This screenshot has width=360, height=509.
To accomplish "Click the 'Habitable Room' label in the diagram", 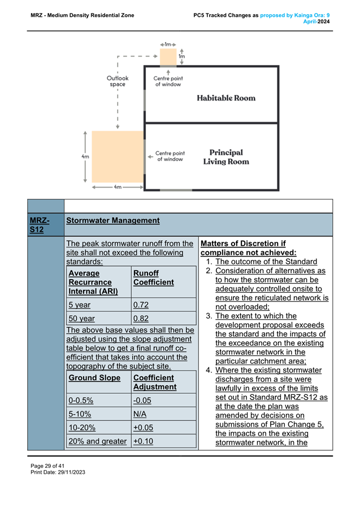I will [225, 98].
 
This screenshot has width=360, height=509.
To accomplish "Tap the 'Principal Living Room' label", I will [226, 157].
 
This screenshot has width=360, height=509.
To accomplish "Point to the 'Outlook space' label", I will [118, 81].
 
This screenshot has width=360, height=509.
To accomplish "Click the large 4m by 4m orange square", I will [118, 157].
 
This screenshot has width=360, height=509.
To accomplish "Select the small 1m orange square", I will [168, 56].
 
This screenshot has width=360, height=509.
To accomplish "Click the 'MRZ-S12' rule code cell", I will [40, 225].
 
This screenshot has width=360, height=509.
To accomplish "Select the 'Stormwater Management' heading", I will [113, 221].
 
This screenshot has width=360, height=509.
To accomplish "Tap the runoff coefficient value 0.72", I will [141, 305].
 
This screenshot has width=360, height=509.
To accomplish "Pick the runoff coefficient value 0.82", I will [141, 319].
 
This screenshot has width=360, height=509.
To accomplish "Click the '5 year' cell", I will [79, 305].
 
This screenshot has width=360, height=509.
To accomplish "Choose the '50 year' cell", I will [81, 319].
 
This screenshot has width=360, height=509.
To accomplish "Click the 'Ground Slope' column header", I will [94, 377].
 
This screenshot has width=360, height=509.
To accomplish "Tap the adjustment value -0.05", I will [143, 401].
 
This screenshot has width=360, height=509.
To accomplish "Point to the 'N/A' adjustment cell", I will [140, 414].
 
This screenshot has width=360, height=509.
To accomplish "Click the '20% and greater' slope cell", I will [97, 441].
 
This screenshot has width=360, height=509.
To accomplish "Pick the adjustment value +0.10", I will [143, 441].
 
